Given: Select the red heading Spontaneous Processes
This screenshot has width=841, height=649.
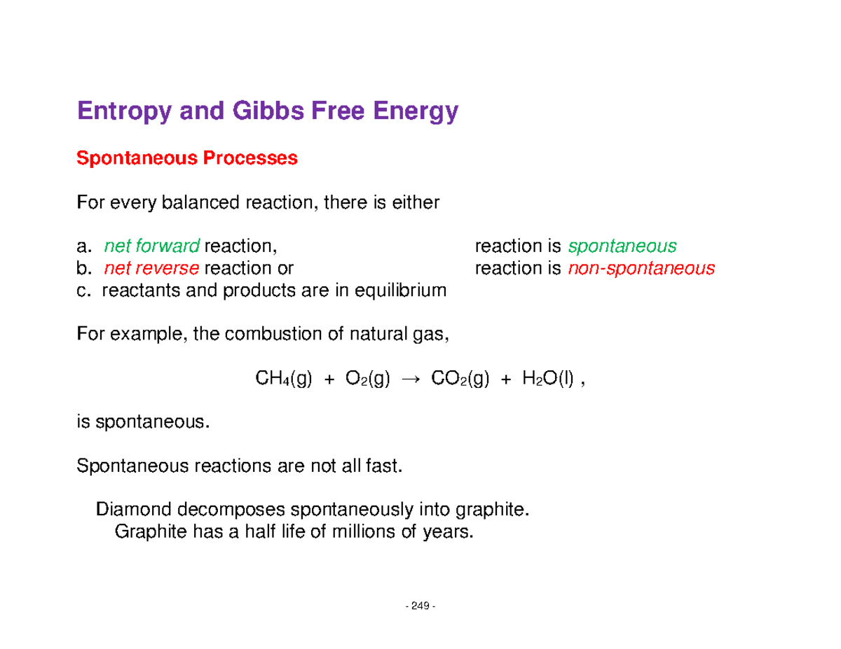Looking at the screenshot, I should pyautogui.click(x=187, y=159).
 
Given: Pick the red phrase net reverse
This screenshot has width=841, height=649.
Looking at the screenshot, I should pyautogui.click(x=152, y=268).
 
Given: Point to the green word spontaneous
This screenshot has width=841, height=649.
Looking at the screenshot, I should pyautogui.click(x=622, y=246).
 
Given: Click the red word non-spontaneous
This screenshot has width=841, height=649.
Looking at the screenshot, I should pyautogui.click(x=641, y=268).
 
